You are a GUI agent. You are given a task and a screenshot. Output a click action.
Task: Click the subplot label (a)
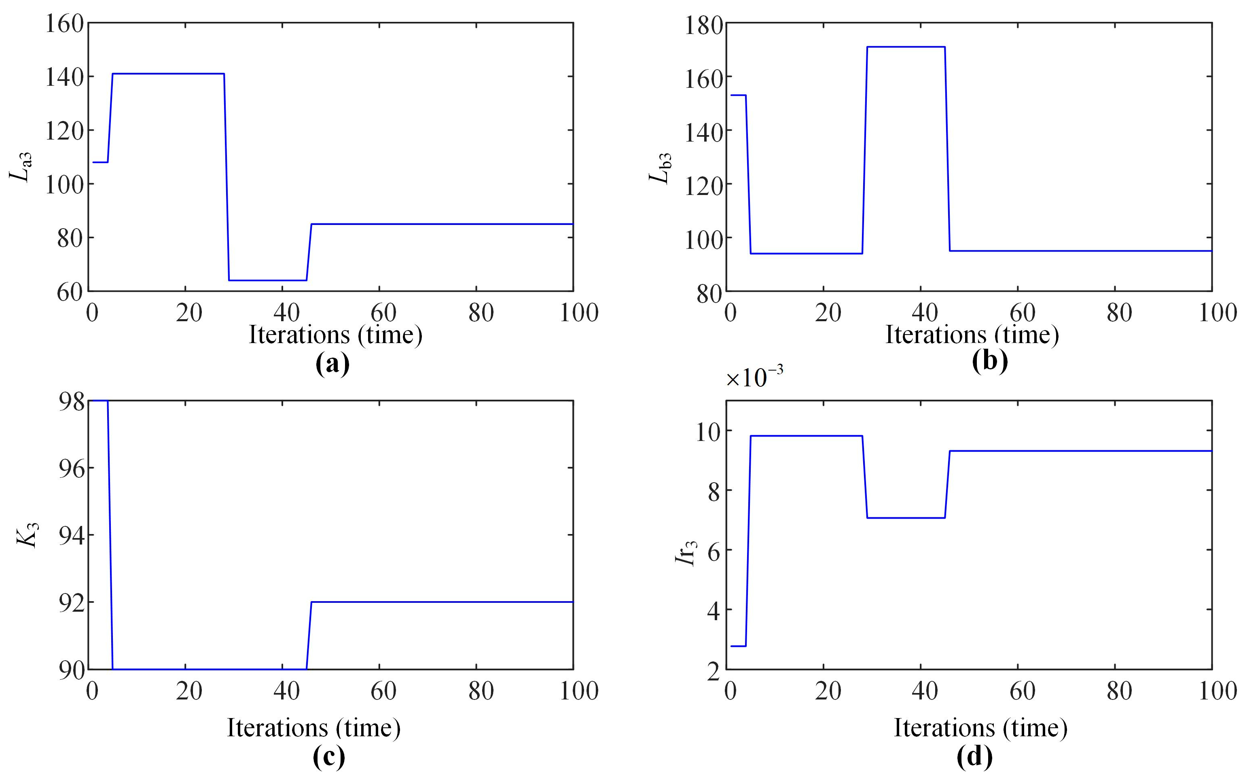point(332,364)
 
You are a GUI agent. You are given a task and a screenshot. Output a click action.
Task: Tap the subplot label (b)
point(990,360)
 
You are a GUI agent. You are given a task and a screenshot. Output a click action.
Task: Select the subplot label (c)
point(329,756)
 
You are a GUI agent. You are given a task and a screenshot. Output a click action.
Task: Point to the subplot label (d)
point(974,756)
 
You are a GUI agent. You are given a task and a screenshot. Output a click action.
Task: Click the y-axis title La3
point(21,167)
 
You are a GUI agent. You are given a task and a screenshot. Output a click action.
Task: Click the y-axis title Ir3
point(686,552)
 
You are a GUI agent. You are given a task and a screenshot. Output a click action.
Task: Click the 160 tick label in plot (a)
point(65,24)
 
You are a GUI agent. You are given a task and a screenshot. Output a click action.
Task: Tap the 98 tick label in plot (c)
point(71,401)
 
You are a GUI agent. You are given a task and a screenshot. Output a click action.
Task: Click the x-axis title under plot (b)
point(972,334)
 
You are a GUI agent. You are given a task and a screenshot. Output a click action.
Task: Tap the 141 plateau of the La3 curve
point(168,74)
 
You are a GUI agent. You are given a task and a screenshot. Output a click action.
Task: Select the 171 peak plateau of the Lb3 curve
point(906,47)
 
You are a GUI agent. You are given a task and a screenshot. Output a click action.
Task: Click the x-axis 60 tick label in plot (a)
point(383,313)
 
